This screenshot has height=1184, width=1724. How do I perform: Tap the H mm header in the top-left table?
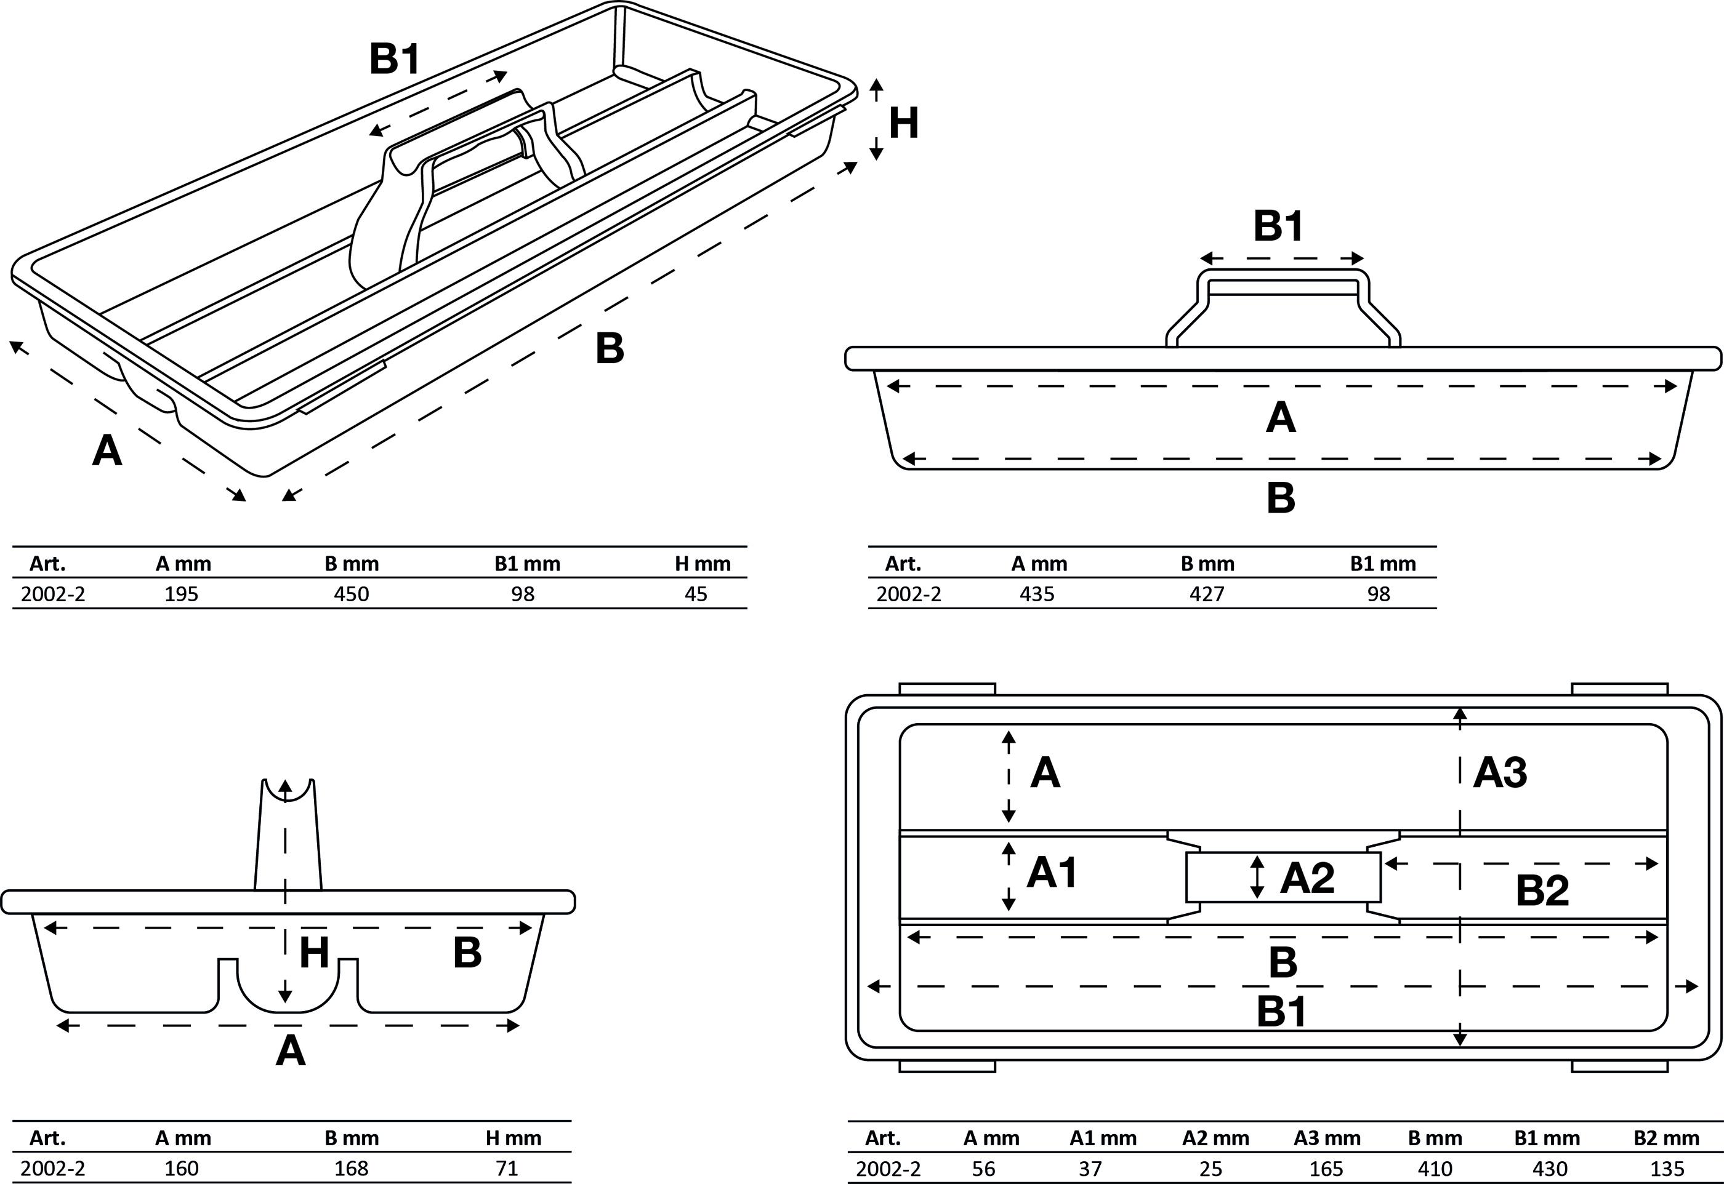702,564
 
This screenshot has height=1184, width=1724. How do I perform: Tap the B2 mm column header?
1666,1138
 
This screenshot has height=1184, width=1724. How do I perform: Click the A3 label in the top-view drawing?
1500,772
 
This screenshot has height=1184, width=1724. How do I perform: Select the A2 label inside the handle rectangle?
1308,878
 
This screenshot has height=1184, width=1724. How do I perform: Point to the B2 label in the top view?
1542,891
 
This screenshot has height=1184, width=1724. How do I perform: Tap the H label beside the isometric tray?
904,123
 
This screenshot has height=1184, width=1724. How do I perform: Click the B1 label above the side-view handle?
1278,226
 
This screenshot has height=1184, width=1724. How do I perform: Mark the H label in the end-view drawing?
314,953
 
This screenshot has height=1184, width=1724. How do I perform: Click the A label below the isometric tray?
107,450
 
